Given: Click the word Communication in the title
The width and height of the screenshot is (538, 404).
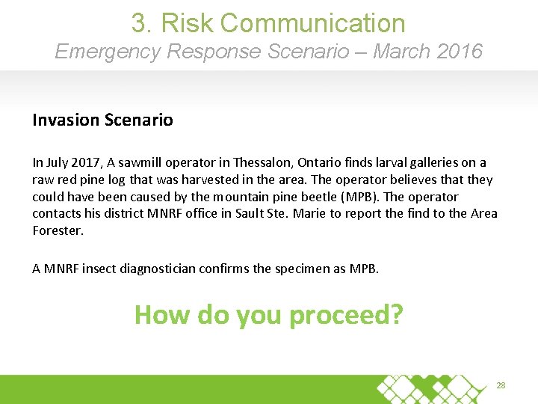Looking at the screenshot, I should pyautogui.click(x=313, y=24).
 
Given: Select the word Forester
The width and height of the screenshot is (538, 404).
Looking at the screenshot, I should pyautogui.click(x=57, y=231).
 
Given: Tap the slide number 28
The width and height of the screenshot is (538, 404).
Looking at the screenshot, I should pyautogui.click(x=501, y=385).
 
